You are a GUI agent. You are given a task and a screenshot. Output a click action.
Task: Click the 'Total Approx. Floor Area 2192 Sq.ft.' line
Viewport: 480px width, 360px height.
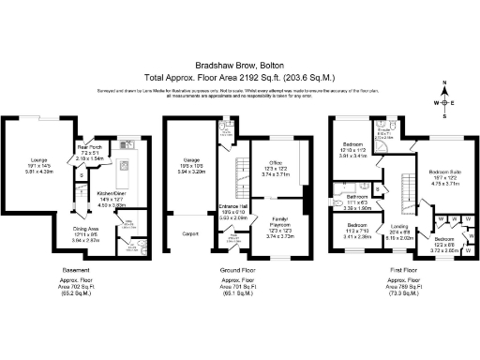(x=239, y=75)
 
